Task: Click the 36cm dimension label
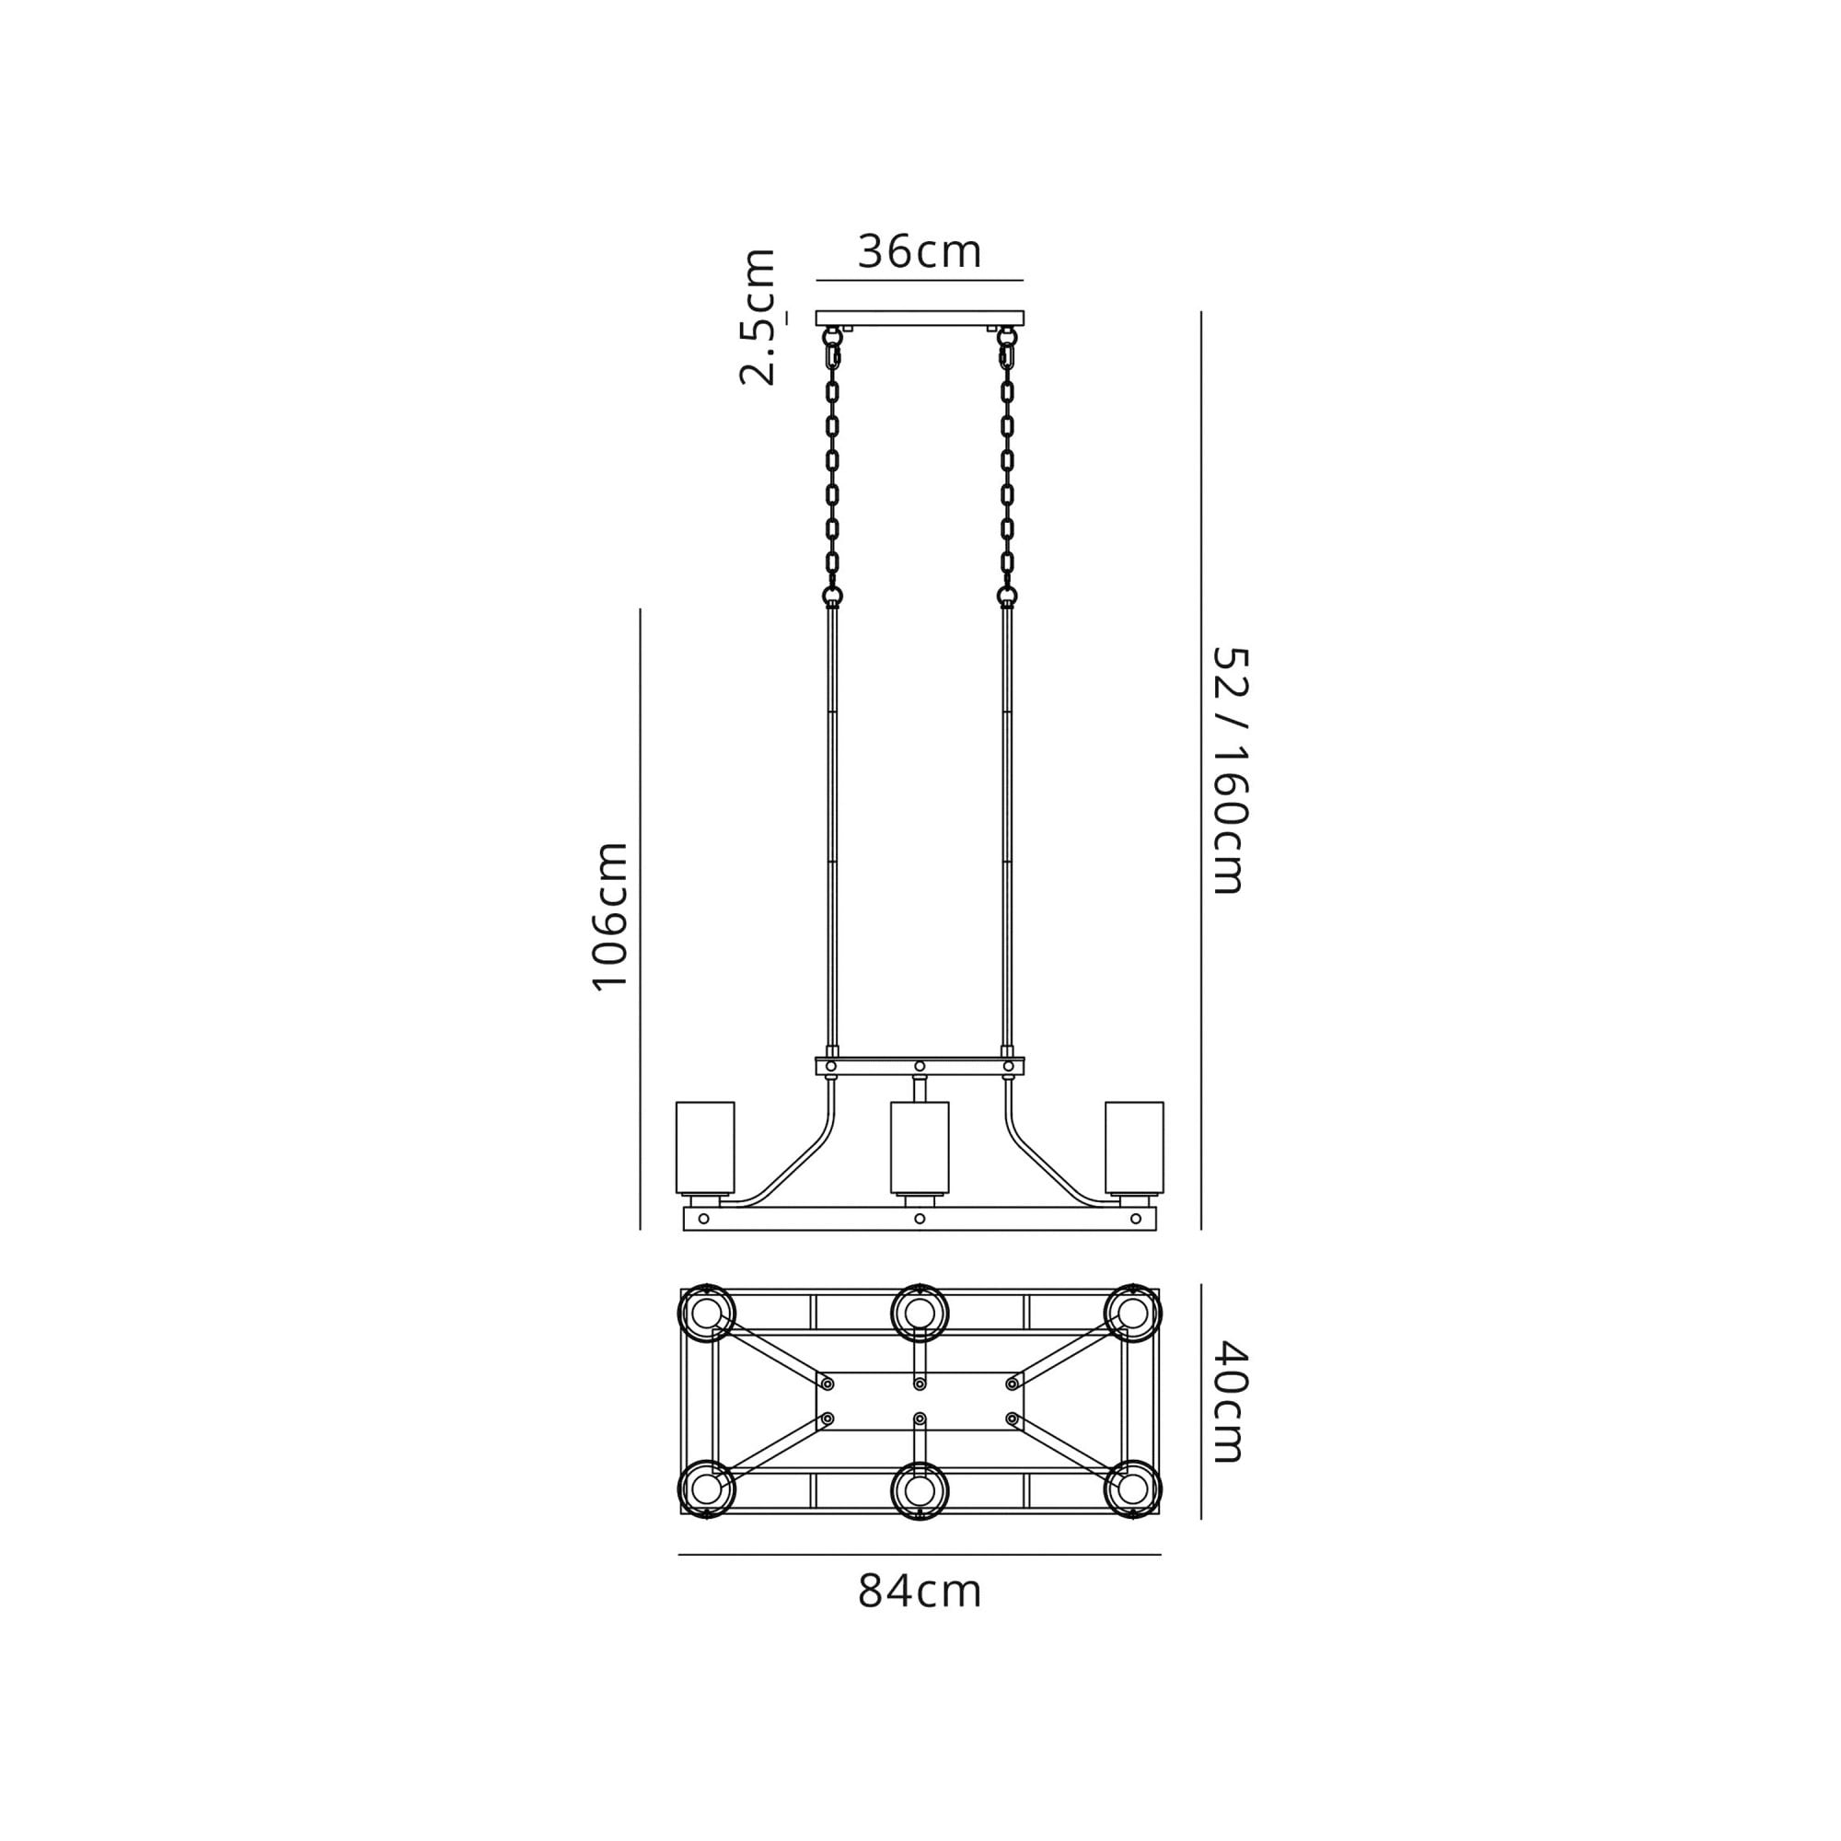920,251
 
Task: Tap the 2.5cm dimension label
758,317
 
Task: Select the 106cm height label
610,918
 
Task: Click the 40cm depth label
1229,1402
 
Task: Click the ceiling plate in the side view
920,318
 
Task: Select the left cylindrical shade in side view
705,1148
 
